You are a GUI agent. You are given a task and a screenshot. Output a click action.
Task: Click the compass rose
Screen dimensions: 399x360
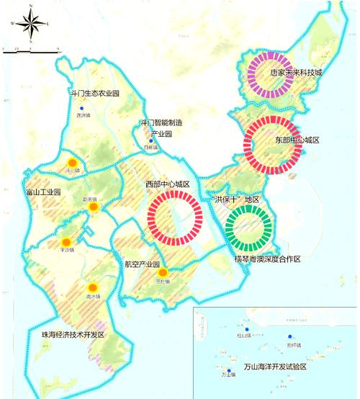click(x=31, y=25)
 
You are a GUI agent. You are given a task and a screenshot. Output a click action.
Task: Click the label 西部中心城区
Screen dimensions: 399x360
click(x=167, y=185)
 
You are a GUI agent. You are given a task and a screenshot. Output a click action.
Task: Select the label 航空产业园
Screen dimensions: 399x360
click(x=141, y=264)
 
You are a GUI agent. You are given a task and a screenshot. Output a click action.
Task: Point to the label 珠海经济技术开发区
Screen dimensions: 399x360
click(x=71, y=336)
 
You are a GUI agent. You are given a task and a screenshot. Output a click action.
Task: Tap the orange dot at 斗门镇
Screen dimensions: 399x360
click(x=71, y=163)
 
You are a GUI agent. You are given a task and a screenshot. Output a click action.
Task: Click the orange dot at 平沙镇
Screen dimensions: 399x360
click(x=66, y=241)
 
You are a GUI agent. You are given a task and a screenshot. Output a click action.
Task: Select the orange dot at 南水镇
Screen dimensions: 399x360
click(x=91, y=286)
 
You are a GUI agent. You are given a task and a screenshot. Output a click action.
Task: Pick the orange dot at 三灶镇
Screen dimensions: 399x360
click(x=163, y=272)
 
